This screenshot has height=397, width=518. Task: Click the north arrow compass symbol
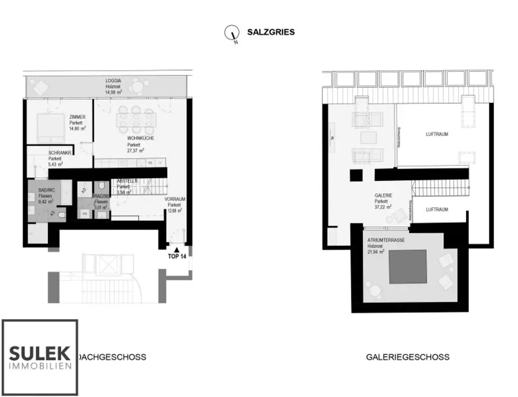(232, 33)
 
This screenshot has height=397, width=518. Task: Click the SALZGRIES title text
(271, 32)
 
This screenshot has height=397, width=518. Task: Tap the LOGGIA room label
(113, 81)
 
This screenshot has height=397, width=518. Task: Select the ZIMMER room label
(77, 117)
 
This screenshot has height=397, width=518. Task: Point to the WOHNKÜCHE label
(141, 138)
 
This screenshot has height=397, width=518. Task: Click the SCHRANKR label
(60, 153)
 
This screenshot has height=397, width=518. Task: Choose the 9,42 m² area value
(47, 201)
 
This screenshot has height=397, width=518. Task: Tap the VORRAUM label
(174, 200)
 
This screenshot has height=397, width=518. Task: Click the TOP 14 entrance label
(177, 257)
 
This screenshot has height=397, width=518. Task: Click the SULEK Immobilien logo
(40, 357)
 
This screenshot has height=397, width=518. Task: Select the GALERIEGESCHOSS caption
(407, 357)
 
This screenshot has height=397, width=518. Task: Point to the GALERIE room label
(383, 195)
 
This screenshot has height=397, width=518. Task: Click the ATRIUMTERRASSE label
(385, 241)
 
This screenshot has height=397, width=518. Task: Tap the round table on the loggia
(137, 87)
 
